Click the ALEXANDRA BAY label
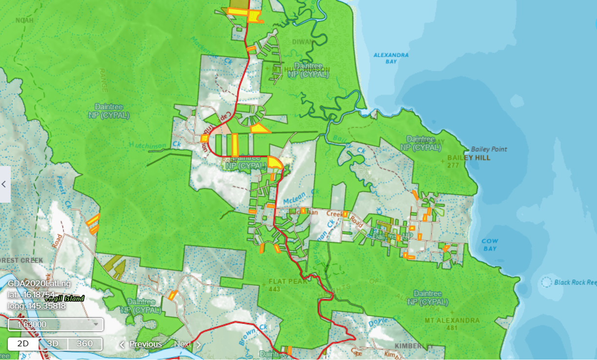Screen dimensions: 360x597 [391, 58]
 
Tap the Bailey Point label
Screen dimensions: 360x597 [489, 149]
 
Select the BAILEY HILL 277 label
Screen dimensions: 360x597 [462, 162]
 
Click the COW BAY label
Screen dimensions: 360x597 [489, 245]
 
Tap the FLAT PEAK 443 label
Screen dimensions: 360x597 [288, 285]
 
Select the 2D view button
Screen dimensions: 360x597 [23, 343]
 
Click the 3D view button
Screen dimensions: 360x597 [53, 343]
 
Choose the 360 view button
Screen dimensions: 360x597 [84, 343]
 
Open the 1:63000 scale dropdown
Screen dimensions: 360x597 [56, 324]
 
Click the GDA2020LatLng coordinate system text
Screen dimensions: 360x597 [40, 283]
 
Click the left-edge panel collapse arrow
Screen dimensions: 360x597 [4, 184]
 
